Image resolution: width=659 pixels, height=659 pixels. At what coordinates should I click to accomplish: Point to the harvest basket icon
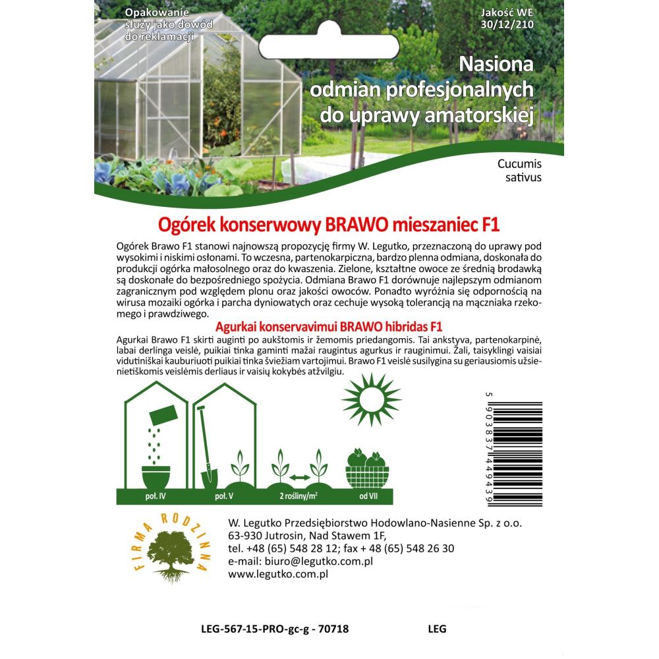coord(367,470)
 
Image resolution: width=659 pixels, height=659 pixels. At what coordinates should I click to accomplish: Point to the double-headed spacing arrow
coord(300,476)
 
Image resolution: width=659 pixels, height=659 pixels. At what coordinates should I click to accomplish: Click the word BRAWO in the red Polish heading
coord(351,224)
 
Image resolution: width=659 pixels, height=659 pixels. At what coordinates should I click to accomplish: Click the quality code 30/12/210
coord(508,25)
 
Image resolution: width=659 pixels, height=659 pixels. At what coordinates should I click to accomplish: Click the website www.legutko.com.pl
coord(277,574)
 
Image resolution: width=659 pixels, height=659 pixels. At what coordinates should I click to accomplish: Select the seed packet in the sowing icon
coord(163,415)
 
